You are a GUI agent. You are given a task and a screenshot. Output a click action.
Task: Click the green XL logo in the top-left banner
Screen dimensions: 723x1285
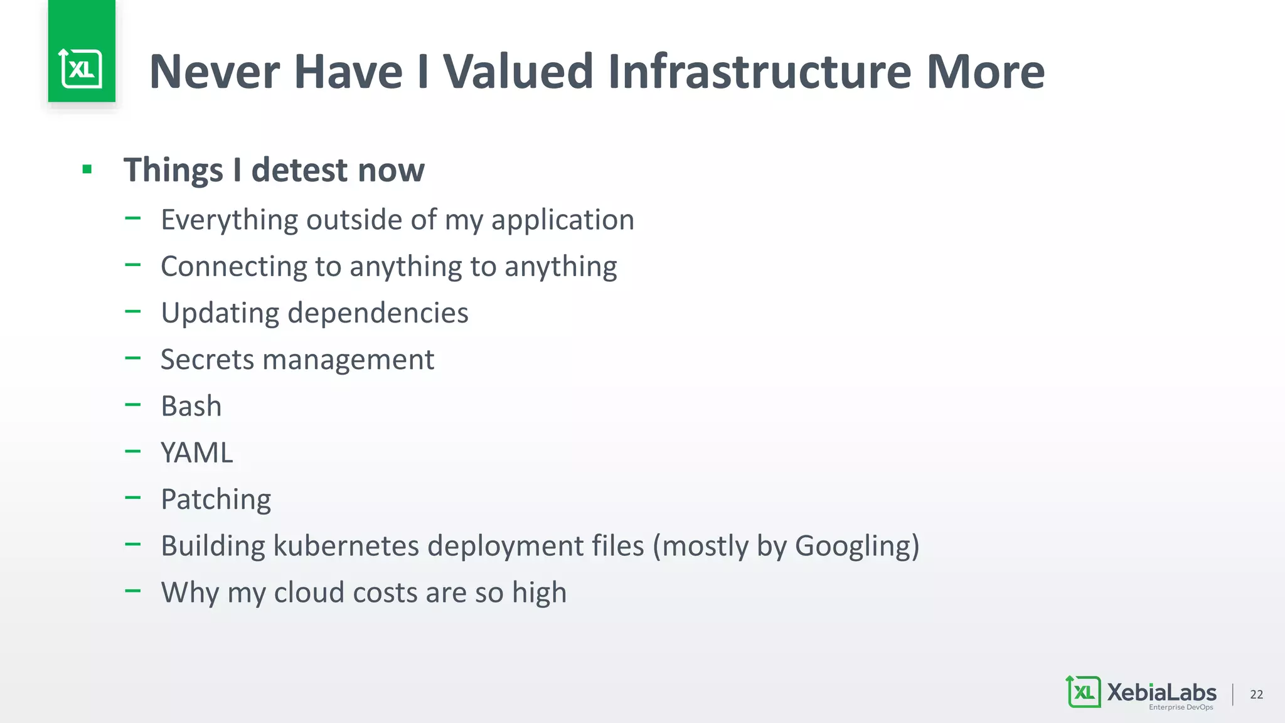coord(82,68)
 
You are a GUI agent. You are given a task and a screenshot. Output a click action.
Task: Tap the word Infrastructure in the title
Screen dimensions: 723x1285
coord(760,72)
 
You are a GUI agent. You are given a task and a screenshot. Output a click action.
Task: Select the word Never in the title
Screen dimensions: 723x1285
coord(215,72)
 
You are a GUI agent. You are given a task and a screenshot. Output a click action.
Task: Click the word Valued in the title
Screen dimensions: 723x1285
coord(518,72)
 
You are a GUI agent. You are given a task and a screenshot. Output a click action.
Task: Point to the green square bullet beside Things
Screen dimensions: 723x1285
coord(87,169)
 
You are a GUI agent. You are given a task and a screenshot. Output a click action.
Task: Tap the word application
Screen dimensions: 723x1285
coord(562,220)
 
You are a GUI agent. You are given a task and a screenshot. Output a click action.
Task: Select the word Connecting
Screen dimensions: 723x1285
coord(233,267)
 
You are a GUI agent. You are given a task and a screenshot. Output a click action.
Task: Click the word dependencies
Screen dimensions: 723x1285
coord(378,313)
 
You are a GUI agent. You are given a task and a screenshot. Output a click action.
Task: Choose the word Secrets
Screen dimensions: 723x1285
coord(207,360)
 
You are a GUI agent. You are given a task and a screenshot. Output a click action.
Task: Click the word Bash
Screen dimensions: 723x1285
coord(191,406)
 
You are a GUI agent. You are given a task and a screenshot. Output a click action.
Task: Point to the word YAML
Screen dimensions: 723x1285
coord(197,453)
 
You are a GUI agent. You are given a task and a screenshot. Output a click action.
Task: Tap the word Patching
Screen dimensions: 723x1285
coord(216,500)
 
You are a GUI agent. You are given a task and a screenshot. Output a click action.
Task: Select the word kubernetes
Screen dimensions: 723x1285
coord(346,545)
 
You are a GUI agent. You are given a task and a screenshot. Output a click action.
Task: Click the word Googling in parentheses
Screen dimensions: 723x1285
coord(853,546)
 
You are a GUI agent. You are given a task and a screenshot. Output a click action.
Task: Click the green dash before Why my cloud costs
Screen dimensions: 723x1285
coord(132,591)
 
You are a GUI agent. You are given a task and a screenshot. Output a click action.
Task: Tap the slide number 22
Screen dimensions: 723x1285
coord(1256,694)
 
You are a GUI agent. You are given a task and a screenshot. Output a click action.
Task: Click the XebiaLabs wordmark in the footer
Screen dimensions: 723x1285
coord(1161,692)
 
